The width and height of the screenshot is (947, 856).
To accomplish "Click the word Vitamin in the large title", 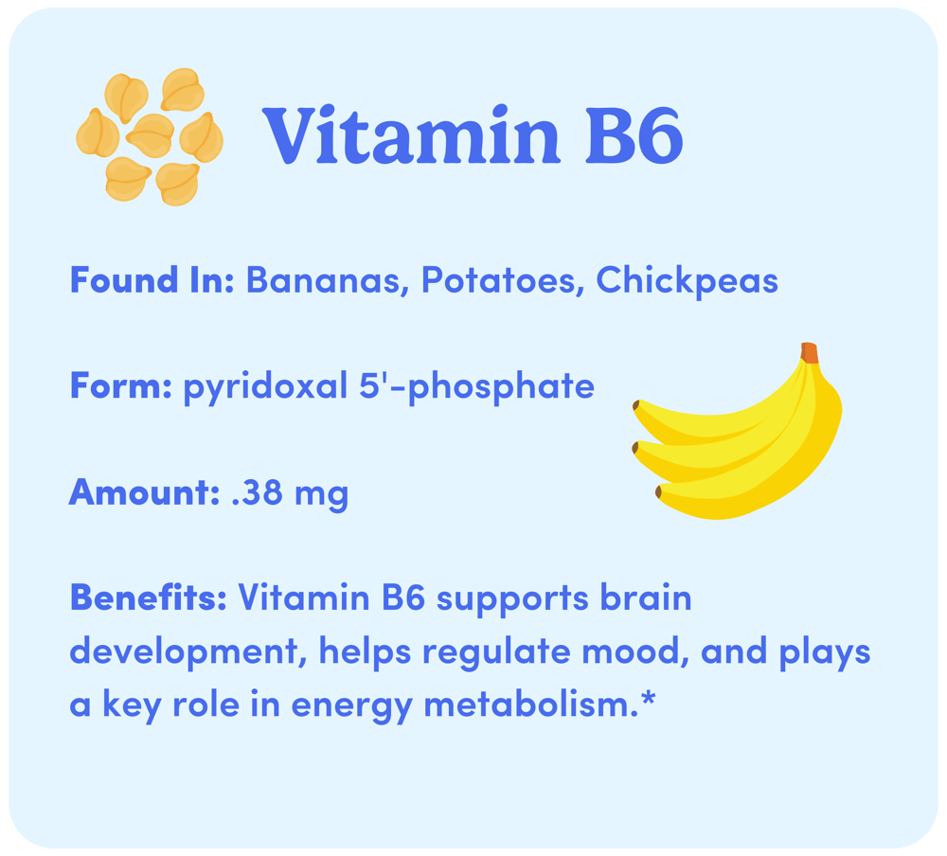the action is click(x=411, y=134).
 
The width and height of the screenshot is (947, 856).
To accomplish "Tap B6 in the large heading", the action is click(x=634, y=135).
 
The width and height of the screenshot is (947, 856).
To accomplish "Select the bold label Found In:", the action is click(x=152, y=280).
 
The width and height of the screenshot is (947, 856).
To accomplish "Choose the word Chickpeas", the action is click(x=688, y=281).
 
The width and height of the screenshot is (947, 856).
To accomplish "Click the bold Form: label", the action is click(x=121, y=386).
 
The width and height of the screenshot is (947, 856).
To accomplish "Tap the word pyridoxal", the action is click(x=266, y=387).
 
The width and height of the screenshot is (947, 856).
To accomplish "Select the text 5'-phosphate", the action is click(x=477, y=387).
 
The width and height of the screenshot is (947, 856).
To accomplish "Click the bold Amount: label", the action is click(x=144, y=492).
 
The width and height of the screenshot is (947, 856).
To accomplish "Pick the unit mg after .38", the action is click(x=321, y=496).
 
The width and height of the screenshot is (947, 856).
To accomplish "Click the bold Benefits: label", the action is click(x=149, y=598).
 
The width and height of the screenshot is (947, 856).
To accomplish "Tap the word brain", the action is click(x=646, y=598).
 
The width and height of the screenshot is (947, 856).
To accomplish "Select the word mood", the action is click(x=635, y=651).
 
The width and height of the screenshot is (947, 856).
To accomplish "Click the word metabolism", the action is click(x=527, y=704).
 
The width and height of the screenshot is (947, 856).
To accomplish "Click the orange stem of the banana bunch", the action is click(x=810, y=353).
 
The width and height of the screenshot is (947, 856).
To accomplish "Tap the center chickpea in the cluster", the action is click(x=151, y=134).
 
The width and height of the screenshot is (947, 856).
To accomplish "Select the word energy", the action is click(x=352, y=706).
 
